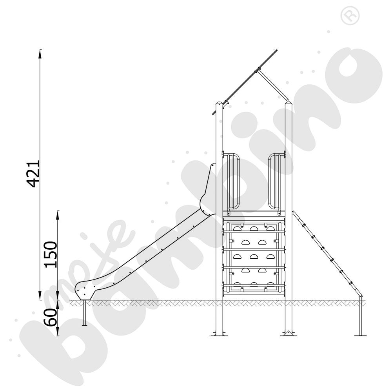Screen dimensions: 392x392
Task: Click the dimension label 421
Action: (x=33, y=174)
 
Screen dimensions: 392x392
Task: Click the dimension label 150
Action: (x=51, y=254)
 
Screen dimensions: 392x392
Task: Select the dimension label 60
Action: (x=51, y=318)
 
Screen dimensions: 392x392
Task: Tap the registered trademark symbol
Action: (x=350, y=16)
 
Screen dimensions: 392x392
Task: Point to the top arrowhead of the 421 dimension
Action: (x=40, y=54)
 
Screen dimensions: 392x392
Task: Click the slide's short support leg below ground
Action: (x=85, y=313)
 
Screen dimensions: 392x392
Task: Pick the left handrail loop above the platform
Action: (x=234, y=181)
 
